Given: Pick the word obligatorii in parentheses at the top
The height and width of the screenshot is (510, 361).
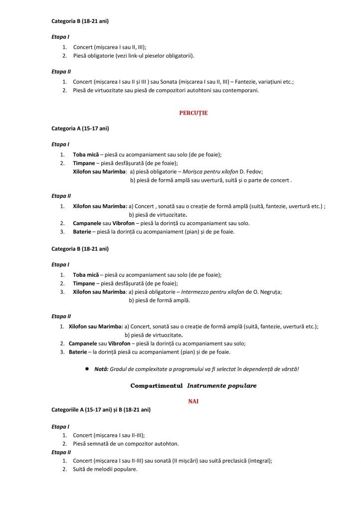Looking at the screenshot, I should pos(179,55).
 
